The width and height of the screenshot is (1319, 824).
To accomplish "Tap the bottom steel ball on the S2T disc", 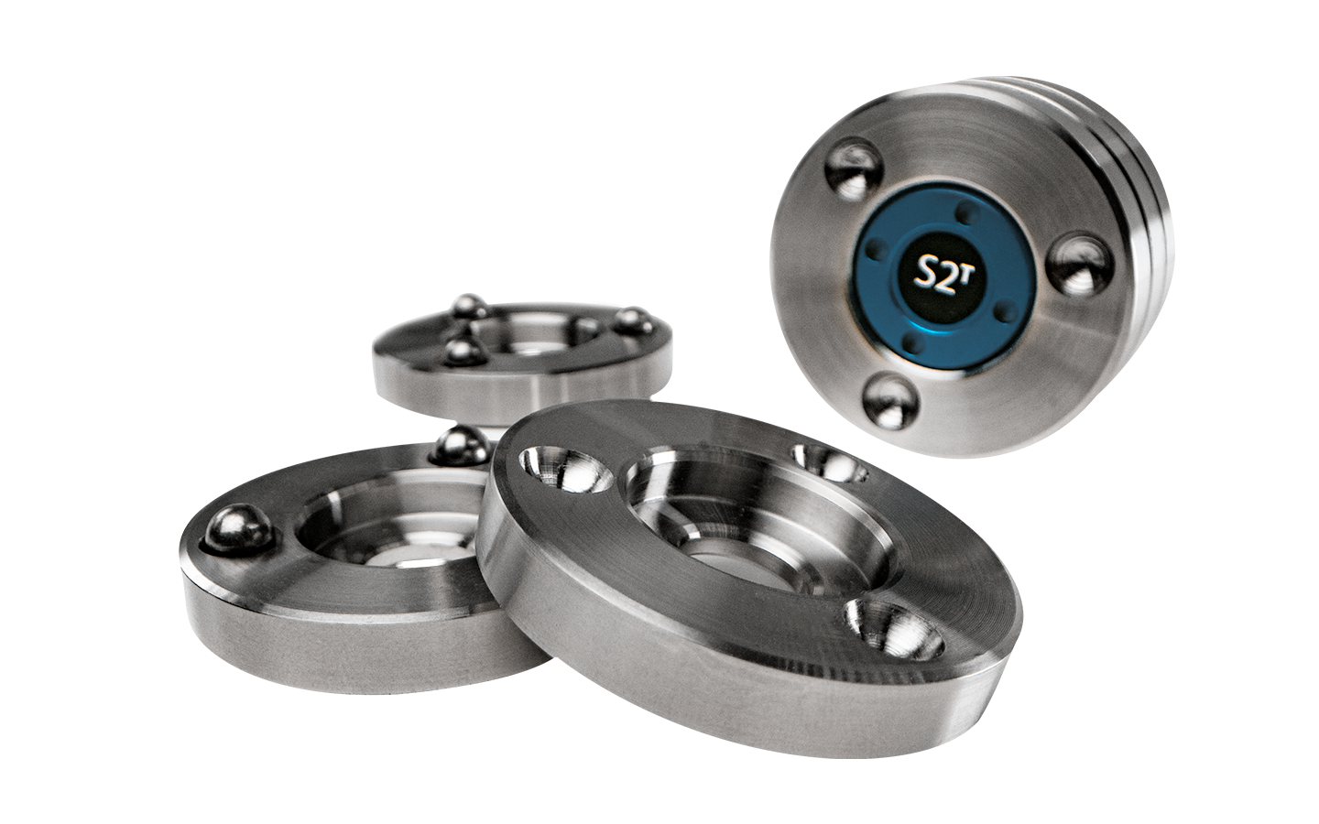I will pyautogui.click(x=886, y=401).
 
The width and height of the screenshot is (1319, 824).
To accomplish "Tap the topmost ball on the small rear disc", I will pyautogui.click(x=470, y=306).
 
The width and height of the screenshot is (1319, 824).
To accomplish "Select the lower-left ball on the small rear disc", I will pyautogui.click(x=464, y=350).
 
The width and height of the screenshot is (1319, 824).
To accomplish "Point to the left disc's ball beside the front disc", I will pyautogui.click(x=460, y=446).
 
